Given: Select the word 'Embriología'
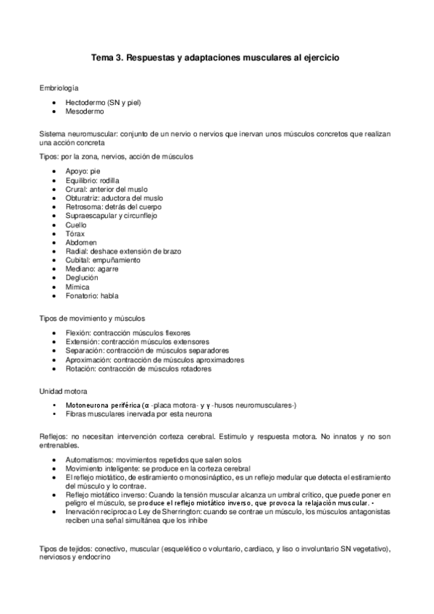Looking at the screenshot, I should tap(59, 88).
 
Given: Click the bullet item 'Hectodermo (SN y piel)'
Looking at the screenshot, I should tap(103, 104).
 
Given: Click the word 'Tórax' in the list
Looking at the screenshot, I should tap(75, 233).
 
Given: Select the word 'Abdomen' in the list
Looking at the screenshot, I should tap(80, 242).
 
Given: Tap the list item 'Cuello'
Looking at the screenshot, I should tap(76, 224).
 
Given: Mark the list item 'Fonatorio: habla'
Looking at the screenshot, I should tap(91, 295).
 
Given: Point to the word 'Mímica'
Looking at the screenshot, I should tap(77, 287).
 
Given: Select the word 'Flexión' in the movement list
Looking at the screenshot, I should tap(78, 333).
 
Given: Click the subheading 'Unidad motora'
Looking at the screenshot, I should tap(64, 390).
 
